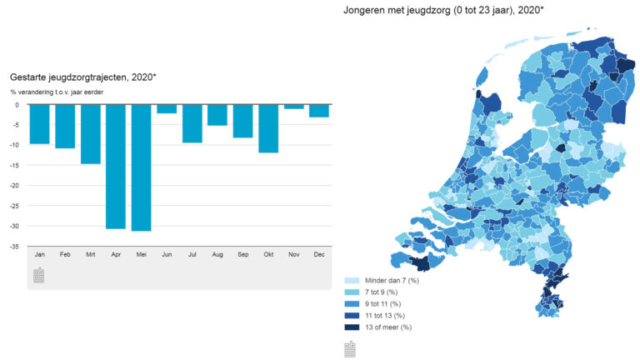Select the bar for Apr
115,166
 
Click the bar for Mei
141,167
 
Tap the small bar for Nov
293,107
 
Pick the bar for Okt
267,128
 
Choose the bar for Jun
167,108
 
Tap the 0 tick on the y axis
17,105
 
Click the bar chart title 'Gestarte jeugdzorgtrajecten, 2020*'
82,77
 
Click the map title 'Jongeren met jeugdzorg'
442,10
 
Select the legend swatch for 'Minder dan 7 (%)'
351,279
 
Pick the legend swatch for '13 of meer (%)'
351,327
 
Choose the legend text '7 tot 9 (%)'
382,292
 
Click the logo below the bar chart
38,276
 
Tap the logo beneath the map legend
351,348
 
